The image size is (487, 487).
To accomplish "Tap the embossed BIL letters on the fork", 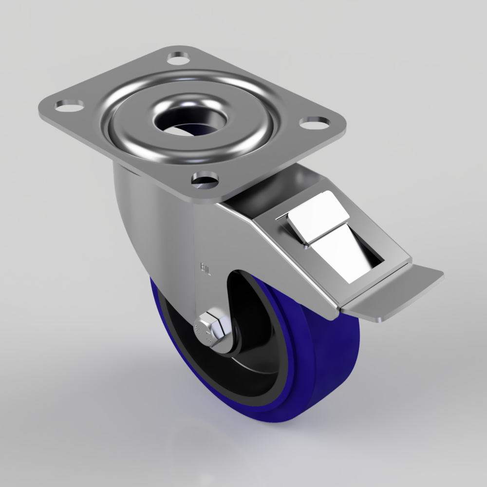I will coord(205,269).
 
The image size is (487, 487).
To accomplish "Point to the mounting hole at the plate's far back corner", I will coord(178,58).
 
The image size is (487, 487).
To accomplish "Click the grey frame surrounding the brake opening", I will coord(385,253).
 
